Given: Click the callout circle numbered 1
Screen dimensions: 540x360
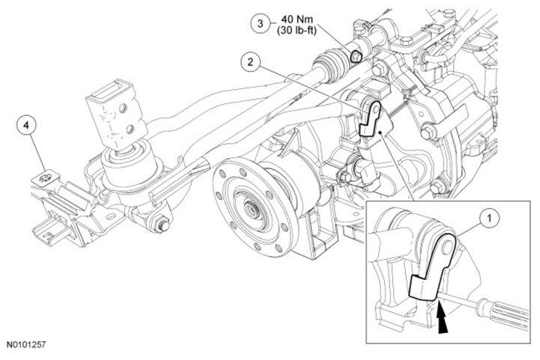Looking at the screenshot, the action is point(490,218).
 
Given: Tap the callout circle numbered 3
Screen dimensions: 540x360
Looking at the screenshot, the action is point(260,23).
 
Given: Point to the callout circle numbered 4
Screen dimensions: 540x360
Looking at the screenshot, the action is point(26,126).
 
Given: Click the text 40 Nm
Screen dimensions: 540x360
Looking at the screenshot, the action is point(297,19).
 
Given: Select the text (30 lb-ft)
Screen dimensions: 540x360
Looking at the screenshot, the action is point(297,30).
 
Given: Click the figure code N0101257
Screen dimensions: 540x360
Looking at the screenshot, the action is point(25,344).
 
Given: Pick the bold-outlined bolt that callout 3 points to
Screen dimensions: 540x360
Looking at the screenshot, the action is point(356,56).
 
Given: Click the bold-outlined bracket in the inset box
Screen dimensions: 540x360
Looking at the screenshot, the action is point(432,266).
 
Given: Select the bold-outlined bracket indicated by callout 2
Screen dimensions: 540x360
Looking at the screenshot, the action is point(370,119).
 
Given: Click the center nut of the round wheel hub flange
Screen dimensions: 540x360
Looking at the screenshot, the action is point(249,208).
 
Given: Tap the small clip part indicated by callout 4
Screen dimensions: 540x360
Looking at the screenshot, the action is point(45,179).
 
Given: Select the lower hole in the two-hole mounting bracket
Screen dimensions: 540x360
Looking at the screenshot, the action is point(130,129).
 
